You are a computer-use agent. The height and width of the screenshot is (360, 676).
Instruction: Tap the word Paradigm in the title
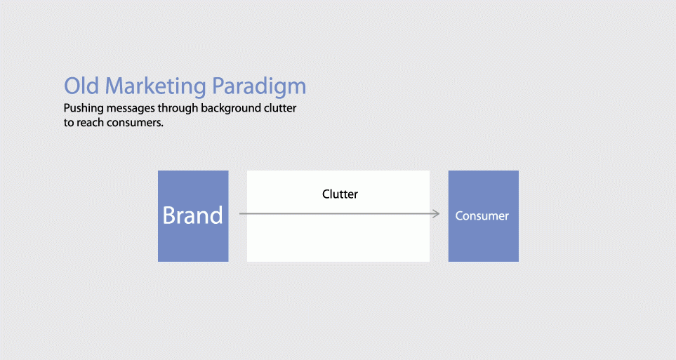259,86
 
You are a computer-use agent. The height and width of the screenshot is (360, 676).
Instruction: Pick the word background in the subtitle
231,108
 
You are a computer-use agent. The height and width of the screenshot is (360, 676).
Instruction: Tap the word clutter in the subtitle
280,108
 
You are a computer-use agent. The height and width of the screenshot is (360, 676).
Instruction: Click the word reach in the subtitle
91,122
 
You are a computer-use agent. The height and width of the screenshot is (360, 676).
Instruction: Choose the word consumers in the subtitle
135,123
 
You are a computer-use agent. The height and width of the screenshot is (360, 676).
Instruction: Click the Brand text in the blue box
193,215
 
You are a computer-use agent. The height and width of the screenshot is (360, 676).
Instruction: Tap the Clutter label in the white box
340,194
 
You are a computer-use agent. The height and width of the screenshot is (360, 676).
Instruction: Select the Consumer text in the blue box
482,215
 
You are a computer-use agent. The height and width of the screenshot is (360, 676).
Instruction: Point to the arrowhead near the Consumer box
437,213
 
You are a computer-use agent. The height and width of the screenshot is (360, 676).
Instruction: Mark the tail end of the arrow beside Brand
239,213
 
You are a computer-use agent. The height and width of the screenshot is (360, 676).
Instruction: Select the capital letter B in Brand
169,215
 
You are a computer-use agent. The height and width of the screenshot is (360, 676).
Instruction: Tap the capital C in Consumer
458,215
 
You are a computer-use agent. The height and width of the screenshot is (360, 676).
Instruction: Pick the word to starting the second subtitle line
69,123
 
